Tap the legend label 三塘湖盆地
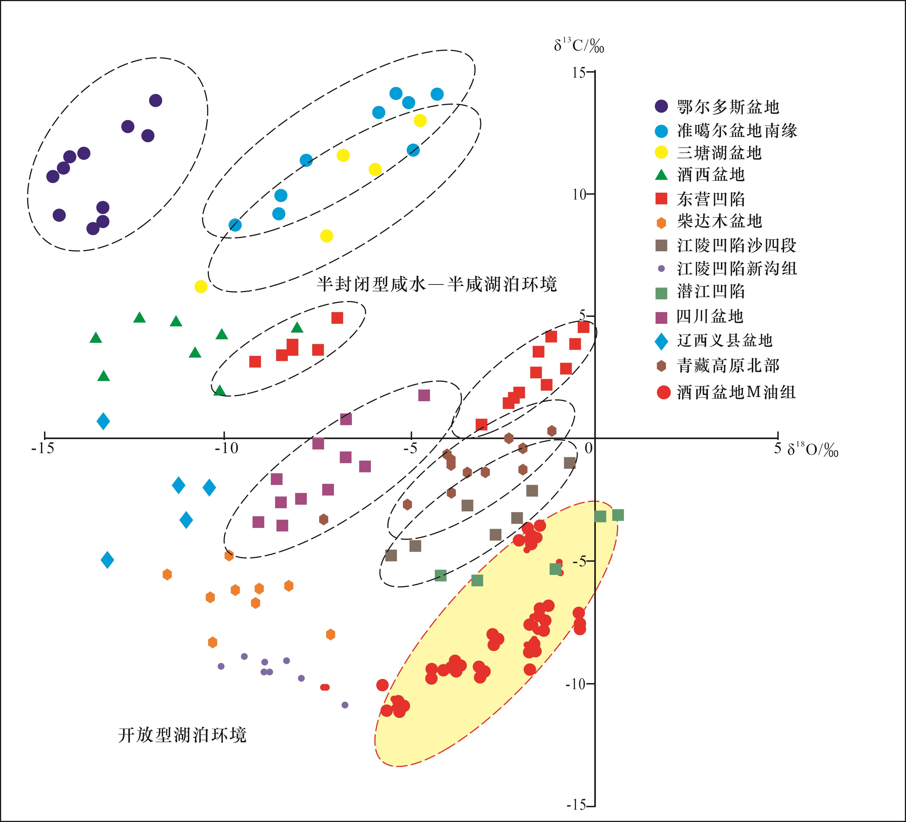[719, 153]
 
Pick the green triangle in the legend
[661, 175]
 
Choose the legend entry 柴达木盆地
[719, 221]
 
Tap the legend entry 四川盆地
[710, 316]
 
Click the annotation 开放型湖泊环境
[182, 735]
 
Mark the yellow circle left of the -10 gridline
[201, 286]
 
